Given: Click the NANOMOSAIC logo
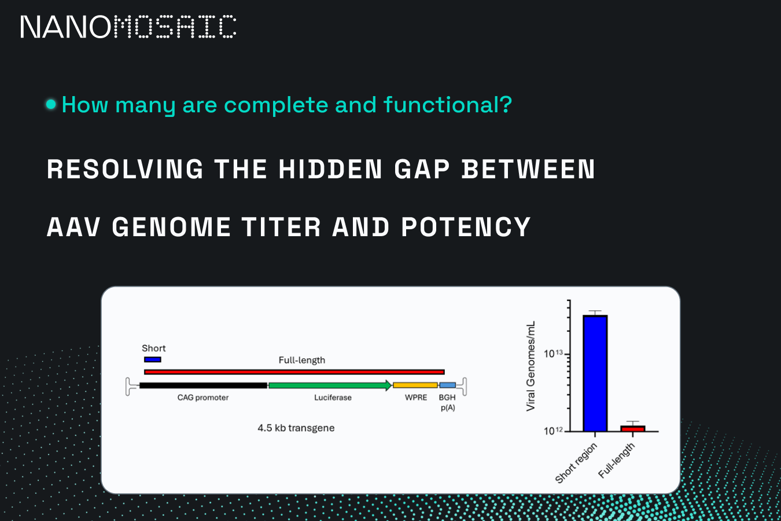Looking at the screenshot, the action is [x=128, y=27].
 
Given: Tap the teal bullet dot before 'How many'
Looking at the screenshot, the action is [x=51, y=104].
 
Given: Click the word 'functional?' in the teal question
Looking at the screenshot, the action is [x=448, y=105].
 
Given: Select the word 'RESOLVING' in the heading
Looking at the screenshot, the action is [x=125, y=169].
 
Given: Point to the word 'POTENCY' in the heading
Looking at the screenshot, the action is [x=466, y=227].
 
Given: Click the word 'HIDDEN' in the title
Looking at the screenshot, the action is [x=330, y=169].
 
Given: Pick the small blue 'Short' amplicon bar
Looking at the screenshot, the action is [x=153, y=359].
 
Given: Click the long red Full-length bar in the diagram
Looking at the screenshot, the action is [x=294, y=372].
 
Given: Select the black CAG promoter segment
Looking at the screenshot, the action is [x=203, y=386].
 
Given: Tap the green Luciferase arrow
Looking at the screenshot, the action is [x=330, y=386].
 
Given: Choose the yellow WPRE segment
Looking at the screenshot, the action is [x=415, y=386].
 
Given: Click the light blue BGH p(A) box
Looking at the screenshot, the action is [x=448, y=386].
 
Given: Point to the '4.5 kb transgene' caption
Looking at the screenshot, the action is [x=296, y=428].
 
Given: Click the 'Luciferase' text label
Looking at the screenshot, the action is [x=333, y=398].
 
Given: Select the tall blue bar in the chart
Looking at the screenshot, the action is [x=595, y=373].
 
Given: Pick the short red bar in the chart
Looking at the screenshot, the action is [x=633, y=428].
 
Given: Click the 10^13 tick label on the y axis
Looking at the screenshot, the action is [x=553, y=354].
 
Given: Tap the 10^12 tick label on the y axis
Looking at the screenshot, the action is [x=553, y=431].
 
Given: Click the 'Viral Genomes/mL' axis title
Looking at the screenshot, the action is [x=531, y=366].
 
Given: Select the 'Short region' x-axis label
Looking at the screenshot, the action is [x=576, y=464].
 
